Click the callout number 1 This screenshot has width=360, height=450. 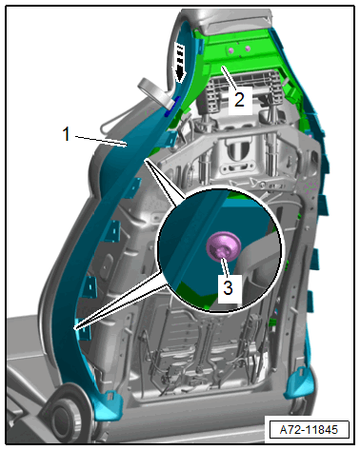pyautogui.click(x=66, y=134)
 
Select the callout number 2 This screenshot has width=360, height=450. pyautogui.click(x=239, y=99)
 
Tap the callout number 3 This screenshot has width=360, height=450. pyautogui.click(x=229, y=287)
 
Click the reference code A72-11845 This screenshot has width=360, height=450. pyautogui.click(x=309, y=430)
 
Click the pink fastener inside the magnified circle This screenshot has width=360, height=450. pyautogui.click(x=223, y=246)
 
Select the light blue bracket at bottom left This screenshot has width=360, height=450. pyautogui.click(x=108, y=404)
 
